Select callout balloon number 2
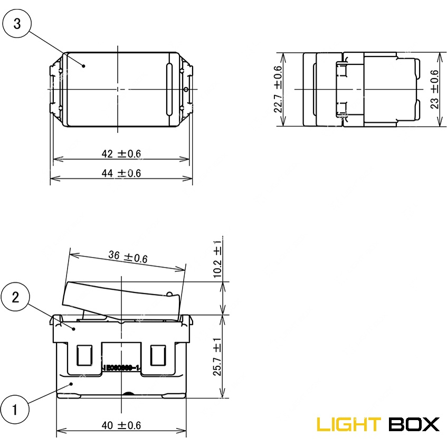16,297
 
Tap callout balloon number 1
15,409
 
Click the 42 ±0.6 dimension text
121,154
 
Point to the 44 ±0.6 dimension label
121,173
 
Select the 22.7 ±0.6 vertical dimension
278,89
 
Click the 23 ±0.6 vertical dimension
434,89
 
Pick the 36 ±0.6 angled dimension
128,256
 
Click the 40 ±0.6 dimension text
121,425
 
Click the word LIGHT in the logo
348,424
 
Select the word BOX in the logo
414,424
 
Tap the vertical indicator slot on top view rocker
169,89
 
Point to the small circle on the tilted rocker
169,293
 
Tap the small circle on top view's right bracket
186,89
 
